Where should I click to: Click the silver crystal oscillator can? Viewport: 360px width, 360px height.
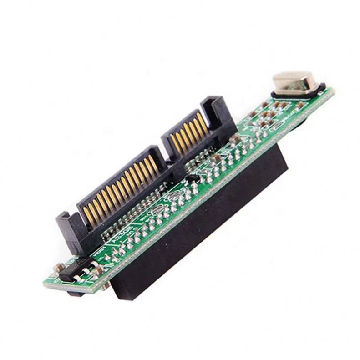point(294,82)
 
